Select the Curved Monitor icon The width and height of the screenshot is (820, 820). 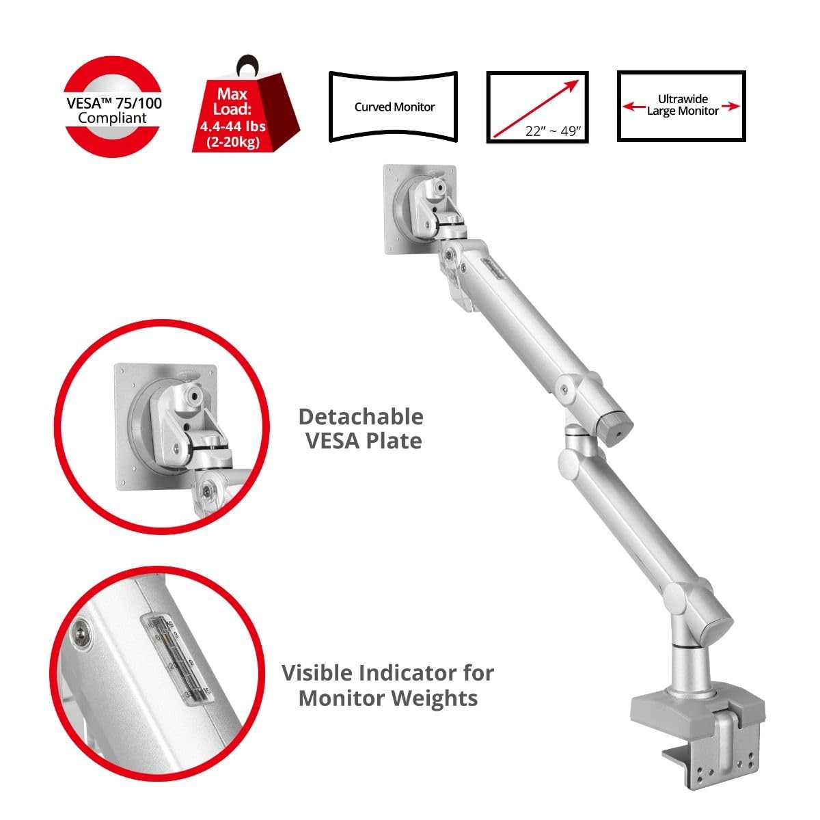[x=394, y=107]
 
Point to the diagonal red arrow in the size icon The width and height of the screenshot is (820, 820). [x=537, y=106]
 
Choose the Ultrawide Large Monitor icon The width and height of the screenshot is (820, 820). [x=681, y=106]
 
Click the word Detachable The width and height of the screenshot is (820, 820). [x=361, y=416]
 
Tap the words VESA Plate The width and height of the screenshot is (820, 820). [x=363, y=441]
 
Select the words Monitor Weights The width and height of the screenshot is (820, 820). [x=387, y=698]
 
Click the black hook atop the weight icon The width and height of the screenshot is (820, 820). [x=244, y=66]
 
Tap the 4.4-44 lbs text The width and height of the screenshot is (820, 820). [x=233, y=127]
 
